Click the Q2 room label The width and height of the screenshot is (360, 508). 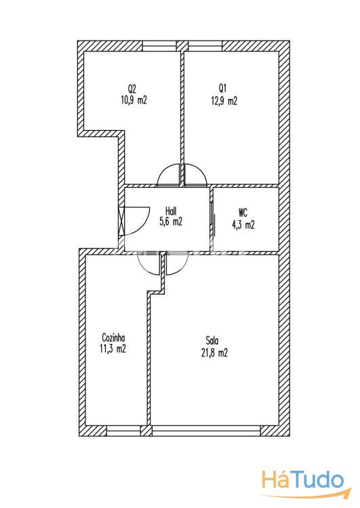(x=132, y=89)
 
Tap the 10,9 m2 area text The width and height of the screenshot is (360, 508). (x=134, y=100)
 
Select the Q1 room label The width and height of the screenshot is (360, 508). (x=222, y=88)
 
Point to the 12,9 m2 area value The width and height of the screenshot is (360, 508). (x=224, y=100)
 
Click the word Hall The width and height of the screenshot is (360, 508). (x=171, y=211)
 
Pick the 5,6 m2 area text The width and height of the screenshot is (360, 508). (x=171, y=221)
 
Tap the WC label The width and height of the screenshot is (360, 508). (x=243, y=213)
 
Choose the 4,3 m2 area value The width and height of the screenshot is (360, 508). (x=243, y=224)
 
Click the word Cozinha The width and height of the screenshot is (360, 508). (x=113, y=337)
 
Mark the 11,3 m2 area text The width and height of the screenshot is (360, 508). (x=113, y=349)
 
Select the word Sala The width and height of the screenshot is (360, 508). (x=212, y=341)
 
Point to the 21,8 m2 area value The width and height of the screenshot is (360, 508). (x=214, y=352)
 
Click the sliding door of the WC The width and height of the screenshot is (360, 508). (x=213, y=219)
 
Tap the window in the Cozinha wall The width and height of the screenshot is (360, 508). (x=123, y=431)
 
